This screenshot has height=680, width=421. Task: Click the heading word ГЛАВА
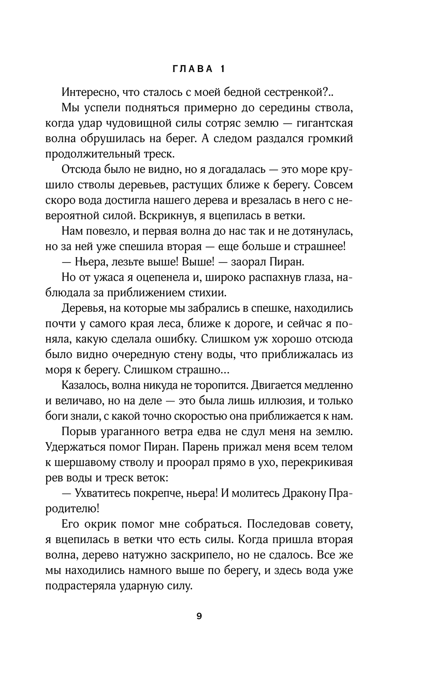pyautogui.click(x=193, y=69)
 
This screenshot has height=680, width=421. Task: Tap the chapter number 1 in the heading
pyautogui.click(x=223, y=69)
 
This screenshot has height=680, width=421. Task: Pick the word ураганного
pyautogui.click(x=134, y=432)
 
